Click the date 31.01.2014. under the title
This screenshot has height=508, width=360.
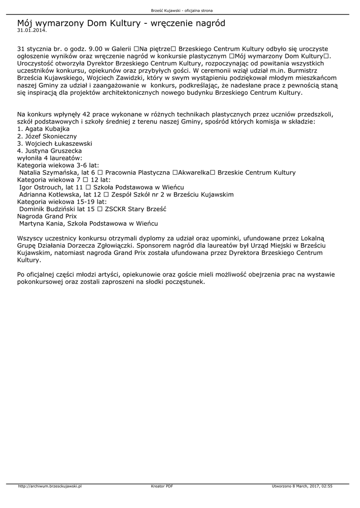(32, 30)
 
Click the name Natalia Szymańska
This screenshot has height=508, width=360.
(46, 173)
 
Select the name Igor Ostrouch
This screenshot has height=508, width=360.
(39, 187)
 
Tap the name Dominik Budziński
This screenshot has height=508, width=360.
(48, 209)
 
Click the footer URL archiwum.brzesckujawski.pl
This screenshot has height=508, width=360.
(50, 486)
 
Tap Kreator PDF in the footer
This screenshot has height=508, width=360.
(162, 486)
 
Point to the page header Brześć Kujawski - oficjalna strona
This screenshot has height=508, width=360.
(180, 10)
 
